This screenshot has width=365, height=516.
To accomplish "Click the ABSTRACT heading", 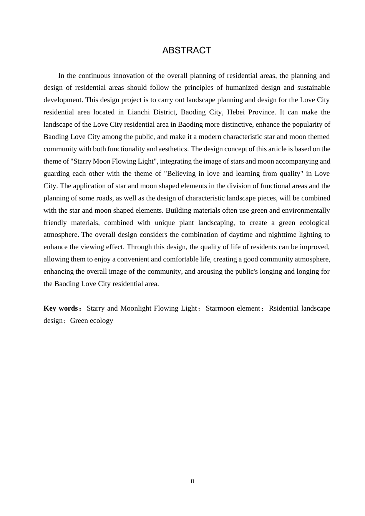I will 187,50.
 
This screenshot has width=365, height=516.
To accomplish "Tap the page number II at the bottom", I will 192,481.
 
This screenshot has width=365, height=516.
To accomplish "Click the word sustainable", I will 311,88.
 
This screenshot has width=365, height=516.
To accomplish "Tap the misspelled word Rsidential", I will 284,308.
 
